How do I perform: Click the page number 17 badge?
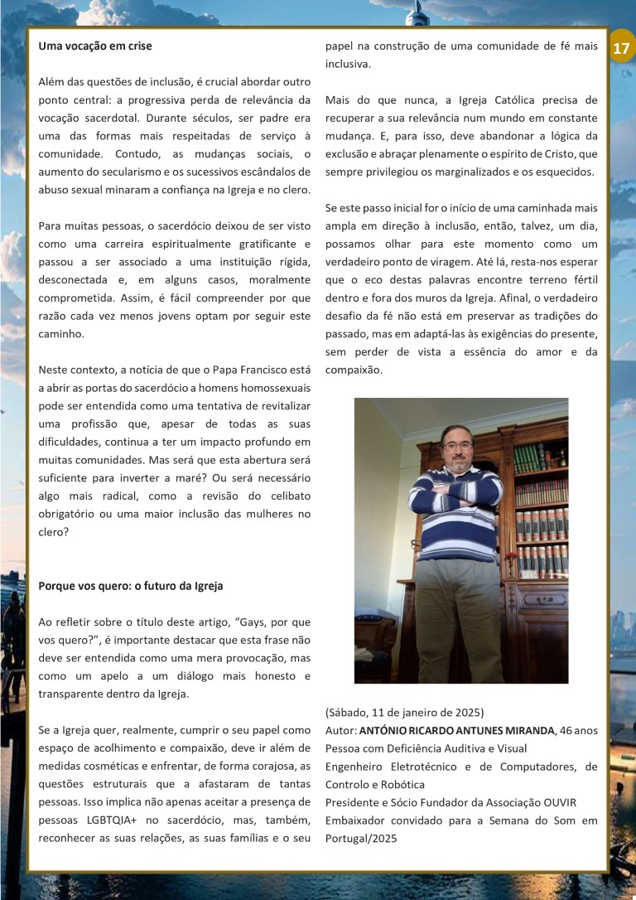[621, 48]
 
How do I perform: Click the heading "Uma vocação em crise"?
[95, 46]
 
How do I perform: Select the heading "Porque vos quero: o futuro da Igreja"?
[130, 585]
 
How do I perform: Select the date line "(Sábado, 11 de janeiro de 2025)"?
[404, 713]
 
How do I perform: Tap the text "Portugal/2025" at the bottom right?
[361, 838]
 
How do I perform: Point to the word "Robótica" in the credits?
[402, 784]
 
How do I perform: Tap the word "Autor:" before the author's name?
[340, 731]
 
